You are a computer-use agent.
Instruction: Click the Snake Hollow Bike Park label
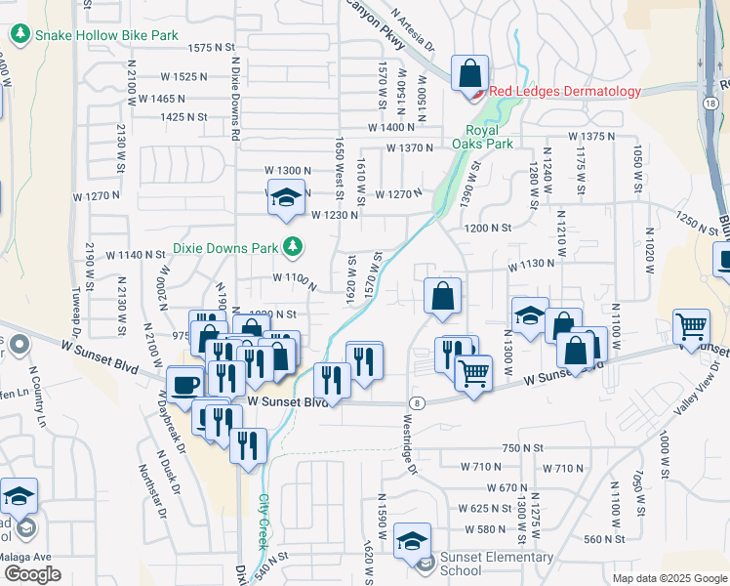(106, 35)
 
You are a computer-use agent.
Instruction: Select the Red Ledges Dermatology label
(565, 92)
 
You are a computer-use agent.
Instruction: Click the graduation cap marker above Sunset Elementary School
(413, 540)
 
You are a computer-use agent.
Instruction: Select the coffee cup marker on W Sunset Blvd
(184, 383)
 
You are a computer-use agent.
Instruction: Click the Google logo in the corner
(31, 574)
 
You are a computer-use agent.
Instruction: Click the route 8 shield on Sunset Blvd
(417, 402)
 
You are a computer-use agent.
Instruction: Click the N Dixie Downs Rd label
(235, 103)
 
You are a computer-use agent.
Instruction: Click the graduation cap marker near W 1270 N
(286, 198)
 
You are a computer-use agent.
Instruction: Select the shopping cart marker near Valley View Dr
(692, 326)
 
